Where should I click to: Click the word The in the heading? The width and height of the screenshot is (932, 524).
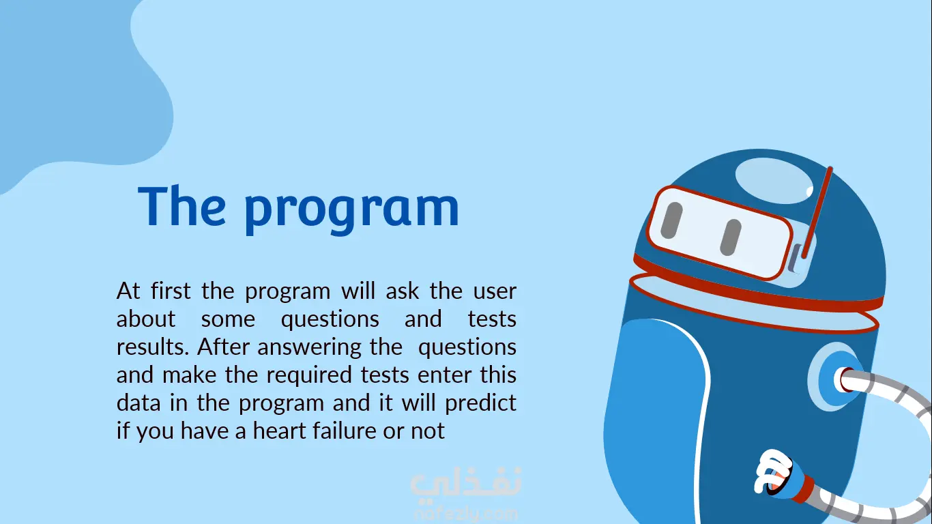[x=181, y=206]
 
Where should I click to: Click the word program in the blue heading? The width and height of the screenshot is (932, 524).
[x=352, y=211]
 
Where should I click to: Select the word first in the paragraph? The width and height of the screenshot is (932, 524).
[x=171, y=290]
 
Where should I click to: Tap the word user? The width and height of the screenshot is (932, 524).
[x=495, y=291]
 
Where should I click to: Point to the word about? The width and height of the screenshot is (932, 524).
[x=145, y=319]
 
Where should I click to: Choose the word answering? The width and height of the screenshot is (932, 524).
[x=309, y=347]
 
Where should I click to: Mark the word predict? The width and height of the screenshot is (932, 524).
[x=480, y=403]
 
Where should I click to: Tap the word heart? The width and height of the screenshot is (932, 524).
[x=280, y=431]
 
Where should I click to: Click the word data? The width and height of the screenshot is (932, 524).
[x=139, y=403]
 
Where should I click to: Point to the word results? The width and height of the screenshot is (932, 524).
[x=153, y=347]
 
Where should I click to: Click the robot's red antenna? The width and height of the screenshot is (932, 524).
[x=817, y=213]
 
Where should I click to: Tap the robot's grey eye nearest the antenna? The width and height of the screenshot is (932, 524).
[x=731, y=238]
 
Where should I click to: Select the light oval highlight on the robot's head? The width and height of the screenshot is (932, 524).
[x=774, y=181]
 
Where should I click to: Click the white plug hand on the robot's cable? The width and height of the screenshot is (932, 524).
[x=774, y=471]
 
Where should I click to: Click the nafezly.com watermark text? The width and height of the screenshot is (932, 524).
[x=467, y=514]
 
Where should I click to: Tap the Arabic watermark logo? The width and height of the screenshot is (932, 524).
[x=466, y=484]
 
